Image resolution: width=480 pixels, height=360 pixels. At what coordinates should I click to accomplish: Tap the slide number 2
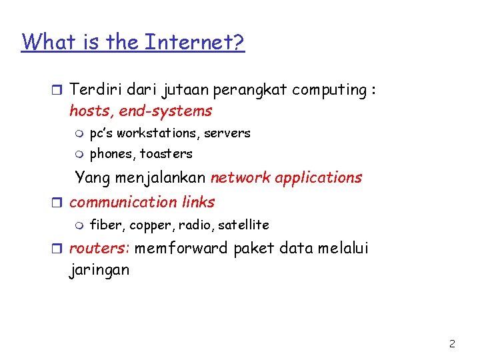[452, 344]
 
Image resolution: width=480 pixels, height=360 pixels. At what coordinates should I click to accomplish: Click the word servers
[227, 133]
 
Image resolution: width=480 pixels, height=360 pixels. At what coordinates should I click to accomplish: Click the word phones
[111, 153]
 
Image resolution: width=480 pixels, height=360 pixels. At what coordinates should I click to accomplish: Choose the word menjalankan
[160, 177]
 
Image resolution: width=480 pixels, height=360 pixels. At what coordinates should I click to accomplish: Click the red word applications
[321, 177]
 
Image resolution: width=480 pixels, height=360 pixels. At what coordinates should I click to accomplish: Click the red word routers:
[99, 249]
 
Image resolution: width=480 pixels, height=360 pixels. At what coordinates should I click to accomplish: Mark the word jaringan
[99, 270]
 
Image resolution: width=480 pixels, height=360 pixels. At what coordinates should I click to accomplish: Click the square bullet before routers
[59, 249]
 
